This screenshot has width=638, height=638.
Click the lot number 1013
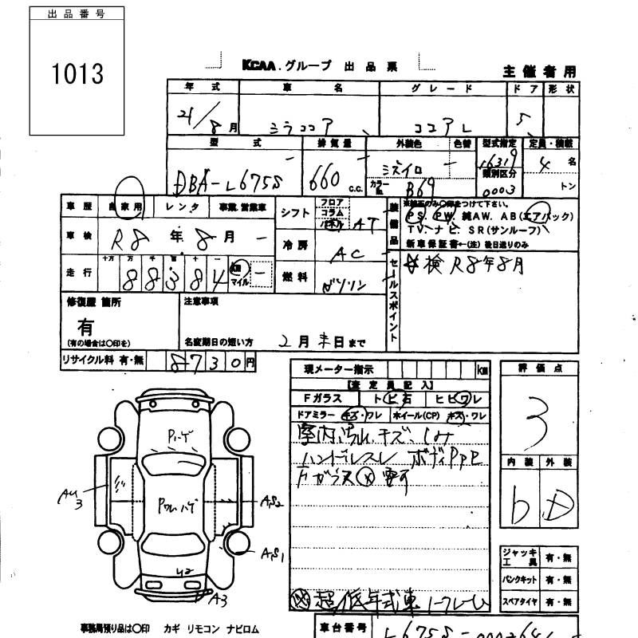78,74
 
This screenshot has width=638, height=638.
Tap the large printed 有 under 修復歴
85,325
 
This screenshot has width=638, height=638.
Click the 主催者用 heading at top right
539,71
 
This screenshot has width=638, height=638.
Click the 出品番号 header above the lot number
77,14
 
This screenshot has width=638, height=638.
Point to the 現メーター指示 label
339,369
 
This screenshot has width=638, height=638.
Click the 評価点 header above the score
538,368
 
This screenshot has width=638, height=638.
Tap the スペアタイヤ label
519,601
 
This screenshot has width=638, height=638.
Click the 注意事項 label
201,301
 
